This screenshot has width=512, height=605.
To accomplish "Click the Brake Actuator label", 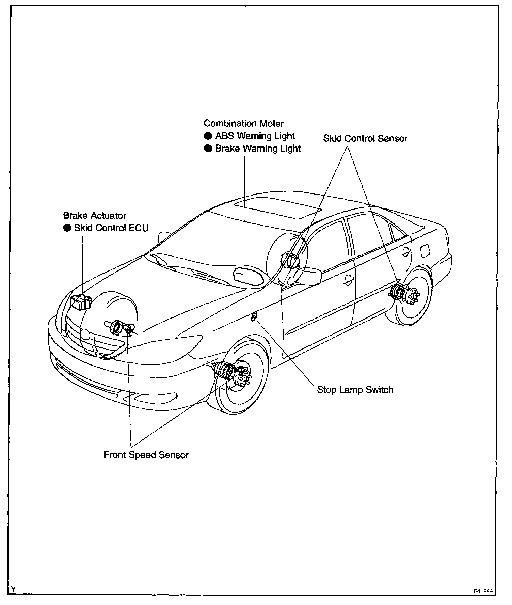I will pyautogui.click(x=95, y=216).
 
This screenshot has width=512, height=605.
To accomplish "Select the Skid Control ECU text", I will pyautogui.click(x=111, y=228).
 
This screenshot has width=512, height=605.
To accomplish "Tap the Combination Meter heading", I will pyautogui.click(x=243, y=123).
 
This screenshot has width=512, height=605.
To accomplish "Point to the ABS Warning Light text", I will pyautogui.click(x=255, y=136).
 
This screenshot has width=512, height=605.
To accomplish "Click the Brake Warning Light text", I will pyautogui.click(x=258, y=149).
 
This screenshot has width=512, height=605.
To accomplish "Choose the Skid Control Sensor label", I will pyautogui.click(x=365, y=138).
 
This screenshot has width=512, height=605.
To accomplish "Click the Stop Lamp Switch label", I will pyautogui.click(x=355, y=390).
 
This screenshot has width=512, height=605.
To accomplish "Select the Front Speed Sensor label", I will pyautogui.click(x=146, y=455).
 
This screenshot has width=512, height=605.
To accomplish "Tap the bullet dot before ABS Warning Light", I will pyautogui.click(x=208, y=136).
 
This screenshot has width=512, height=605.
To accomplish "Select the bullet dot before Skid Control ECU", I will pyautogui.click(x=67, y=228).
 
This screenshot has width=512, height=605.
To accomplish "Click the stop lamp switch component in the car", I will pyautogui.click(x=254, y=317).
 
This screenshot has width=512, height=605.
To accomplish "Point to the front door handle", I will pyautogui.click(x=348, y=280).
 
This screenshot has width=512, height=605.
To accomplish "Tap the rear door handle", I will pyautogui.click(x=405, y=252).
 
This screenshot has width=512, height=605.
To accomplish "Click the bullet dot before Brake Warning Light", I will pyautogui.click(x=208, y=149).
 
